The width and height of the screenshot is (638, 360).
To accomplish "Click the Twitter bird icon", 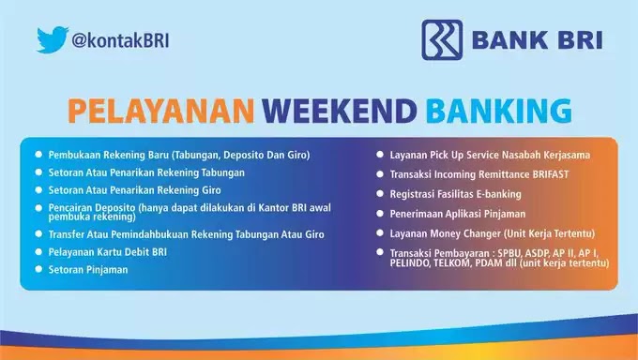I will coord(53,39).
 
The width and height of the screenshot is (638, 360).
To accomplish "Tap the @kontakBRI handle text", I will coord(121,40).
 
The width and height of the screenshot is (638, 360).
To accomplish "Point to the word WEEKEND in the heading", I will coord(340,110).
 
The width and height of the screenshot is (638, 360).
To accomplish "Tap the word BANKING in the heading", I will coord(498,110).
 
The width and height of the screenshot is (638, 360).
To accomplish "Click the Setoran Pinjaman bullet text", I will coord(87,270).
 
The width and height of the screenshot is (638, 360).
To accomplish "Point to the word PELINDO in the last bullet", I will coord(414,263).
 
